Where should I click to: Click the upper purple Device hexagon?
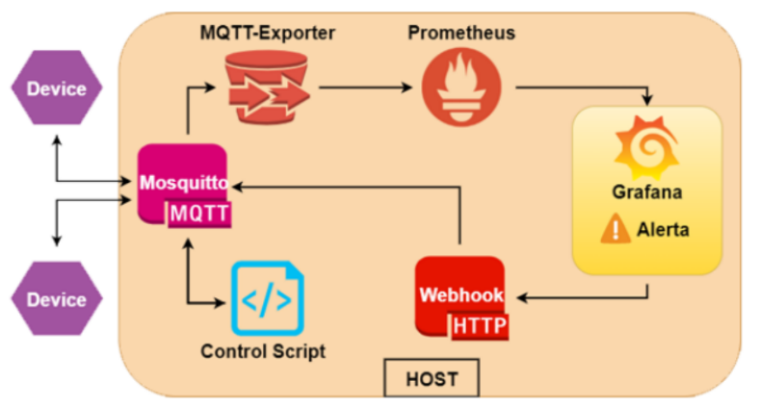pos(56,89)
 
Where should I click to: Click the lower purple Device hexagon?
pos(56,299)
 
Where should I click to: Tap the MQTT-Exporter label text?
pos(268,34)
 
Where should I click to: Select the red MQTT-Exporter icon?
pos(267,86)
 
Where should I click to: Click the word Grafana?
pos(647,191)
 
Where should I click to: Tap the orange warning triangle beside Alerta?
pos(615,230)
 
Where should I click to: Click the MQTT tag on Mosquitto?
pos(199,214)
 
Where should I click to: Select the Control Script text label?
pos(263,351)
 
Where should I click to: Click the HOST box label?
pos(432,378)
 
